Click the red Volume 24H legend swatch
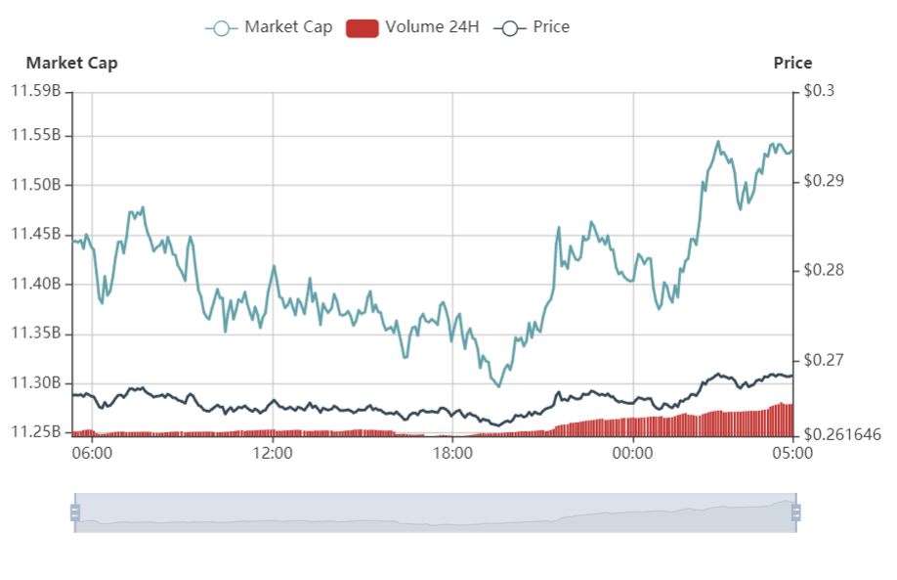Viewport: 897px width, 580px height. click(362, 27)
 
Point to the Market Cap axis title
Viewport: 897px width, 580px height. click(71, 63)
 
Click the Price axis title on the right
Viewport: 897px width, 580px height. click(792, 63)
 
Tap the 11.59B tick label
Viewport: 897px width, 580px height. click(36, 91)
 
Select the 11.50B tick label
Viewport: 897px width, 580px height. click(36, 185)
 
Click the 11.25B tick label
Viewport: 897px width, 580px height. click(36, 432)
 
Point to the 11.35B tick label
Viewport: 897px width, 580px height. click(36, 334)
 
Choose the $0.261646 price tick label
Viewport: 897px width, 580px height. click(841, 434)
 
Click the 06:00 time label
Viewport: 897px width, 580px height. click(92, 453)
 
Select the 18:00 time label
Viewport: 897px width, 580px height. click(452, 453)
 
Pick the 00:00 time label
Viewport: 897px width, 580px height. click(632, 453)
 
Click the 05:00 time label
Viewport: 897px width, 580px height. click(792, 453)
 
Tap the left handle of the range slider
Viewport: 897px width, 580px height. click(74, 512)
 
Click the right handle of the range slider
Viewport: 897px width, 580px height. click(796, 512)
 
